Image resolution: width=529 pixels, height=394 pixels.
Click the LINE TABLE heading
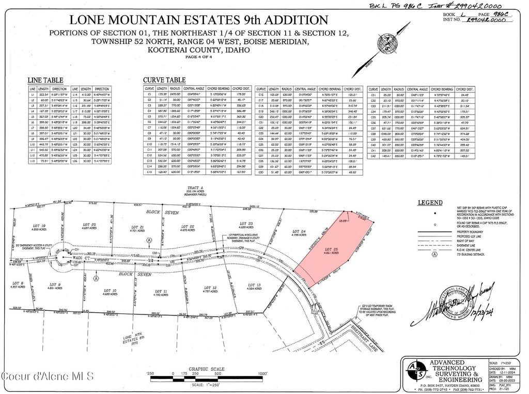pyautogui.click(x=45, y=81)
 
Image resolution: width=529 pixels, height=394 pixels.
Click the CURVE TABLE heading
pyautogui.click(x=164, y=80)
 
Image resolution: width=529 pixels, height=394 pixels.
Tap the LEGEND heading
pyautogui.click(x=429, y=203)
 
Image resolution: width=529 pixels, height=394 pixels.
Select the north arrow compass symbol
pyautogui.click(x=387, y=45)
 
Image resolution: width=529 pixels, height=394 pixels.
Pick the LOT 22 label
pyautogui.click(x=188, y=227)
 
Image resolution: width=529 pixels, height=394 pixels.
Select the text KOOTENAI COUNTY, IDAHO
pyautogui.click(x=198, y=51)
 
